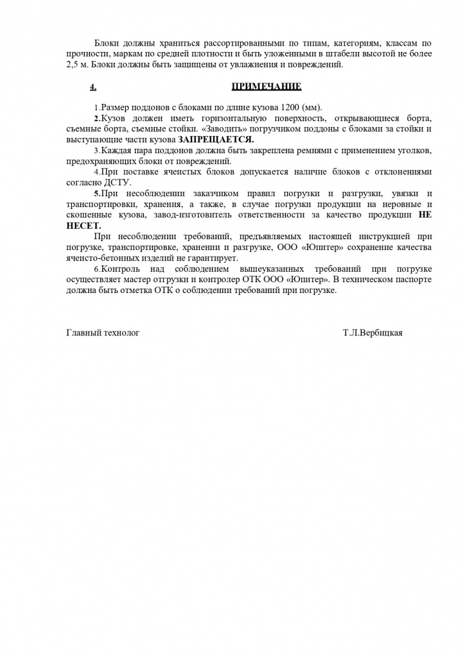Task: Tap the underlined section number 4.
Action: click(x=93, y=87)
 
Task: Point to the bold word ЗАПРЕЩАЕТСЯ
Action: click(x=216, y=139)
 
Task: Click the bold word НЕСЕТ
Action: click(x=83, y=226)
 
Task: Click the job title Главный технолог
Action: click(x=103, y=332)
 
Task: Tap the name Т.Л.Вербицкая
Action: click(x=373, y=332)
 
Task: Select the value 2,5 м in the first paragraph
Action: click(x=78, y=65)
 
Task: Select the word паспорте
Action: click(x=410, y=280)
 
